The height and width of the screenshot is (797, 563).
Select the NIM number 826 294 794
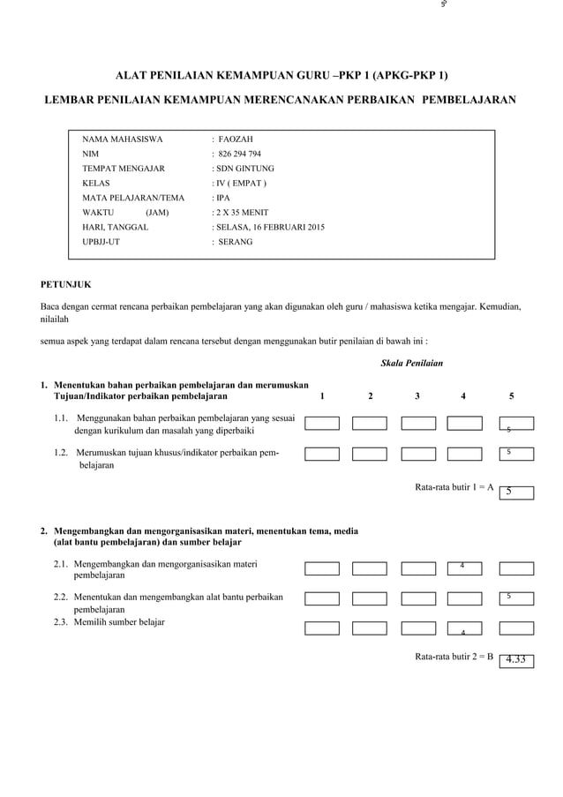239,154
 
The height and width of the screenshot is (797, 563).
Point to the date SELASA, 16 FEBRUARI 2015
268,227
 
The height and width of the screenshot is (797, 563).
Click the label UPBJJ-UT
101,241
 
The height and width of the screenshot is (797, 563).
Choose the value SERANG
235,241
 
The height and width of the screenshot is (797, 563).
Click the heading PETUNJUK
66,284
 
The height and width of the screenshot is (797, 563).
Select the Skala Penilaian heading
411,363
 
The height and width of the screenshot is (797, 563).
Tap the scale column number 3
417,396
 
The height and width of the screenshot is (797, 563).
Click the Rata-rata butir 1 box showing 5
516,492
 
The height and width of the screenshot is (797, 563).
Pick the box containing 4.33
516,660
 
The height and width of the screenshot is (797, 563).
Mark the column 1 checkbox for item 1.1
322,424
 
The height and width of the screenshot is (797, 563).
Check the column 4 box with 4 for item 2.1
464,568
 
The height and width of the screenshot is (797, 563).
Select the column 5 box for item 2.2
516,598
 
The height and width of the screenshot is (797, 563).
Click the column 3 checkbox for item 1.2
418,454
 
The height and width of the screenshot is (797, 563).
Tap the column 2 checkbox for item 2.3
370,628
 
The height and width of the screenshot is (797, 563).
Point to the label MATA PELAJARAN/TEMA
133,198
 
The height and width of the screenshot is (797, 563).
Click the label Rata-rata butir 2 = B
454,657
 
